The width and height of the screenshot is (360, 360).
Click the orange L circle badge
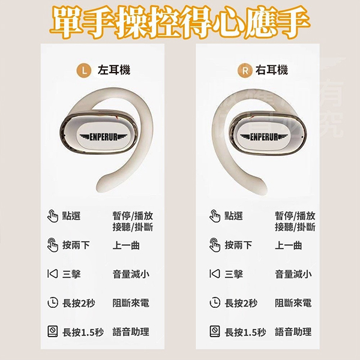pos(84,70)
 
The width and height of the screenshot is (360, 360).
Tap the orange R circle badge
pos(245,70)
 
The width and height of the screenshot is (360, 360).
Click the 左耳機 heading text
pos(114,70)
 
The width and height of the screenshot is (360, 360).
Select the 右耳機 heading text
pos(272,70)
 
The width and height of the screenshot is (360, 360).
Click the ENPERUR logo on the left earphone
pos(103,137)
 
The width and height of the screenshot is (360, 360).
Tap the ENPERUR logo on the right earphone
pos(263,137)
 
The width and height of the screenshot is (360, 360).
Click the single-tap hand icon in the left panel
pos(53,216)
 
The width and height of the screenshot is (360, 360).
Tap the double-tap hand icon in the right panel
pos(215,245)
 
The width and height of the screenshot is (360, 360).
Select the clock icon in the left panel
pos(53,302)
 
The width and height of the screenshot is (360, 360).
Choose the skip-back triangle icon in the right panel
pos(215,274)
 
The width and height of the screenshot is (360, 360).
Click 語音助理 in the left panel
pos(131,332)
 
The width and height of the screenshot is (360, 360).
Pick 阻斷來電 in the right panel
pos(293,303)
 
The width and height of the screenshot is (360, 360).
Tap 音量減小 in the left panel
pos(131,274)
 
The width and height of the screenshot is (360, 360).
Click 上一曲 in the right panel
pos(289,245)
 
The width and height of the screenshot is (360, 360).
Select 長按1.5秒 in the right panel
pos(245,332)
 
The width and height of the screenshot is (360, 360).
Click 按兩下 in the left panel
pos(76,245)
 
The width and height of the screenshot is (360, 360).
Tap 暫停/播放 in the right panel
pos(295,216)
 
